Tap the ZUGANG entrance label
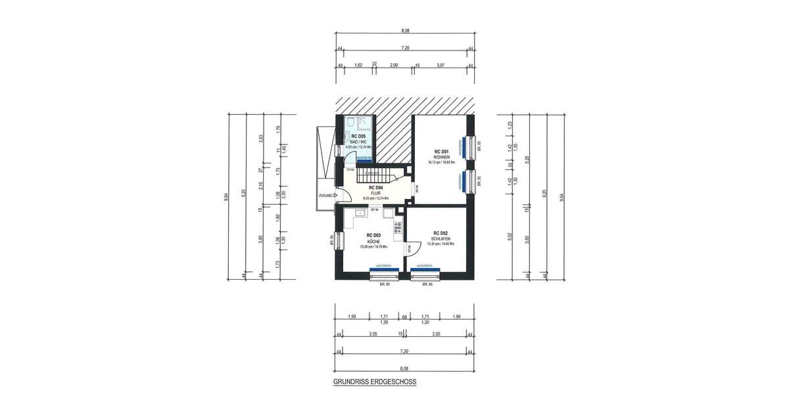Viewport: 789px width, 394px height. pos(325,195)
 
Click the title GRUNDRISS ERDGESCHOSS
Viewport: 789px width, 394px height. pos(375,381)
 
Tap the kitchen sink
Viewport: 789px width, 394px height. pos(360,213)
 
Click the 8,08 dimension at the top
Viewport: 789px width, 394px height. pos(405,30)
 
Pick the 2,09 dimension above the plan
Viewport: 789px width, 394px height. pos(394,65)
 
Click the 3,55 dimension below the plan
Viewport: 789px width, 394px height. pos(373,334)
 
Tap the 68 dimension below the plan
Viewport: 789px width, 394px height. pos(405,317)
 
